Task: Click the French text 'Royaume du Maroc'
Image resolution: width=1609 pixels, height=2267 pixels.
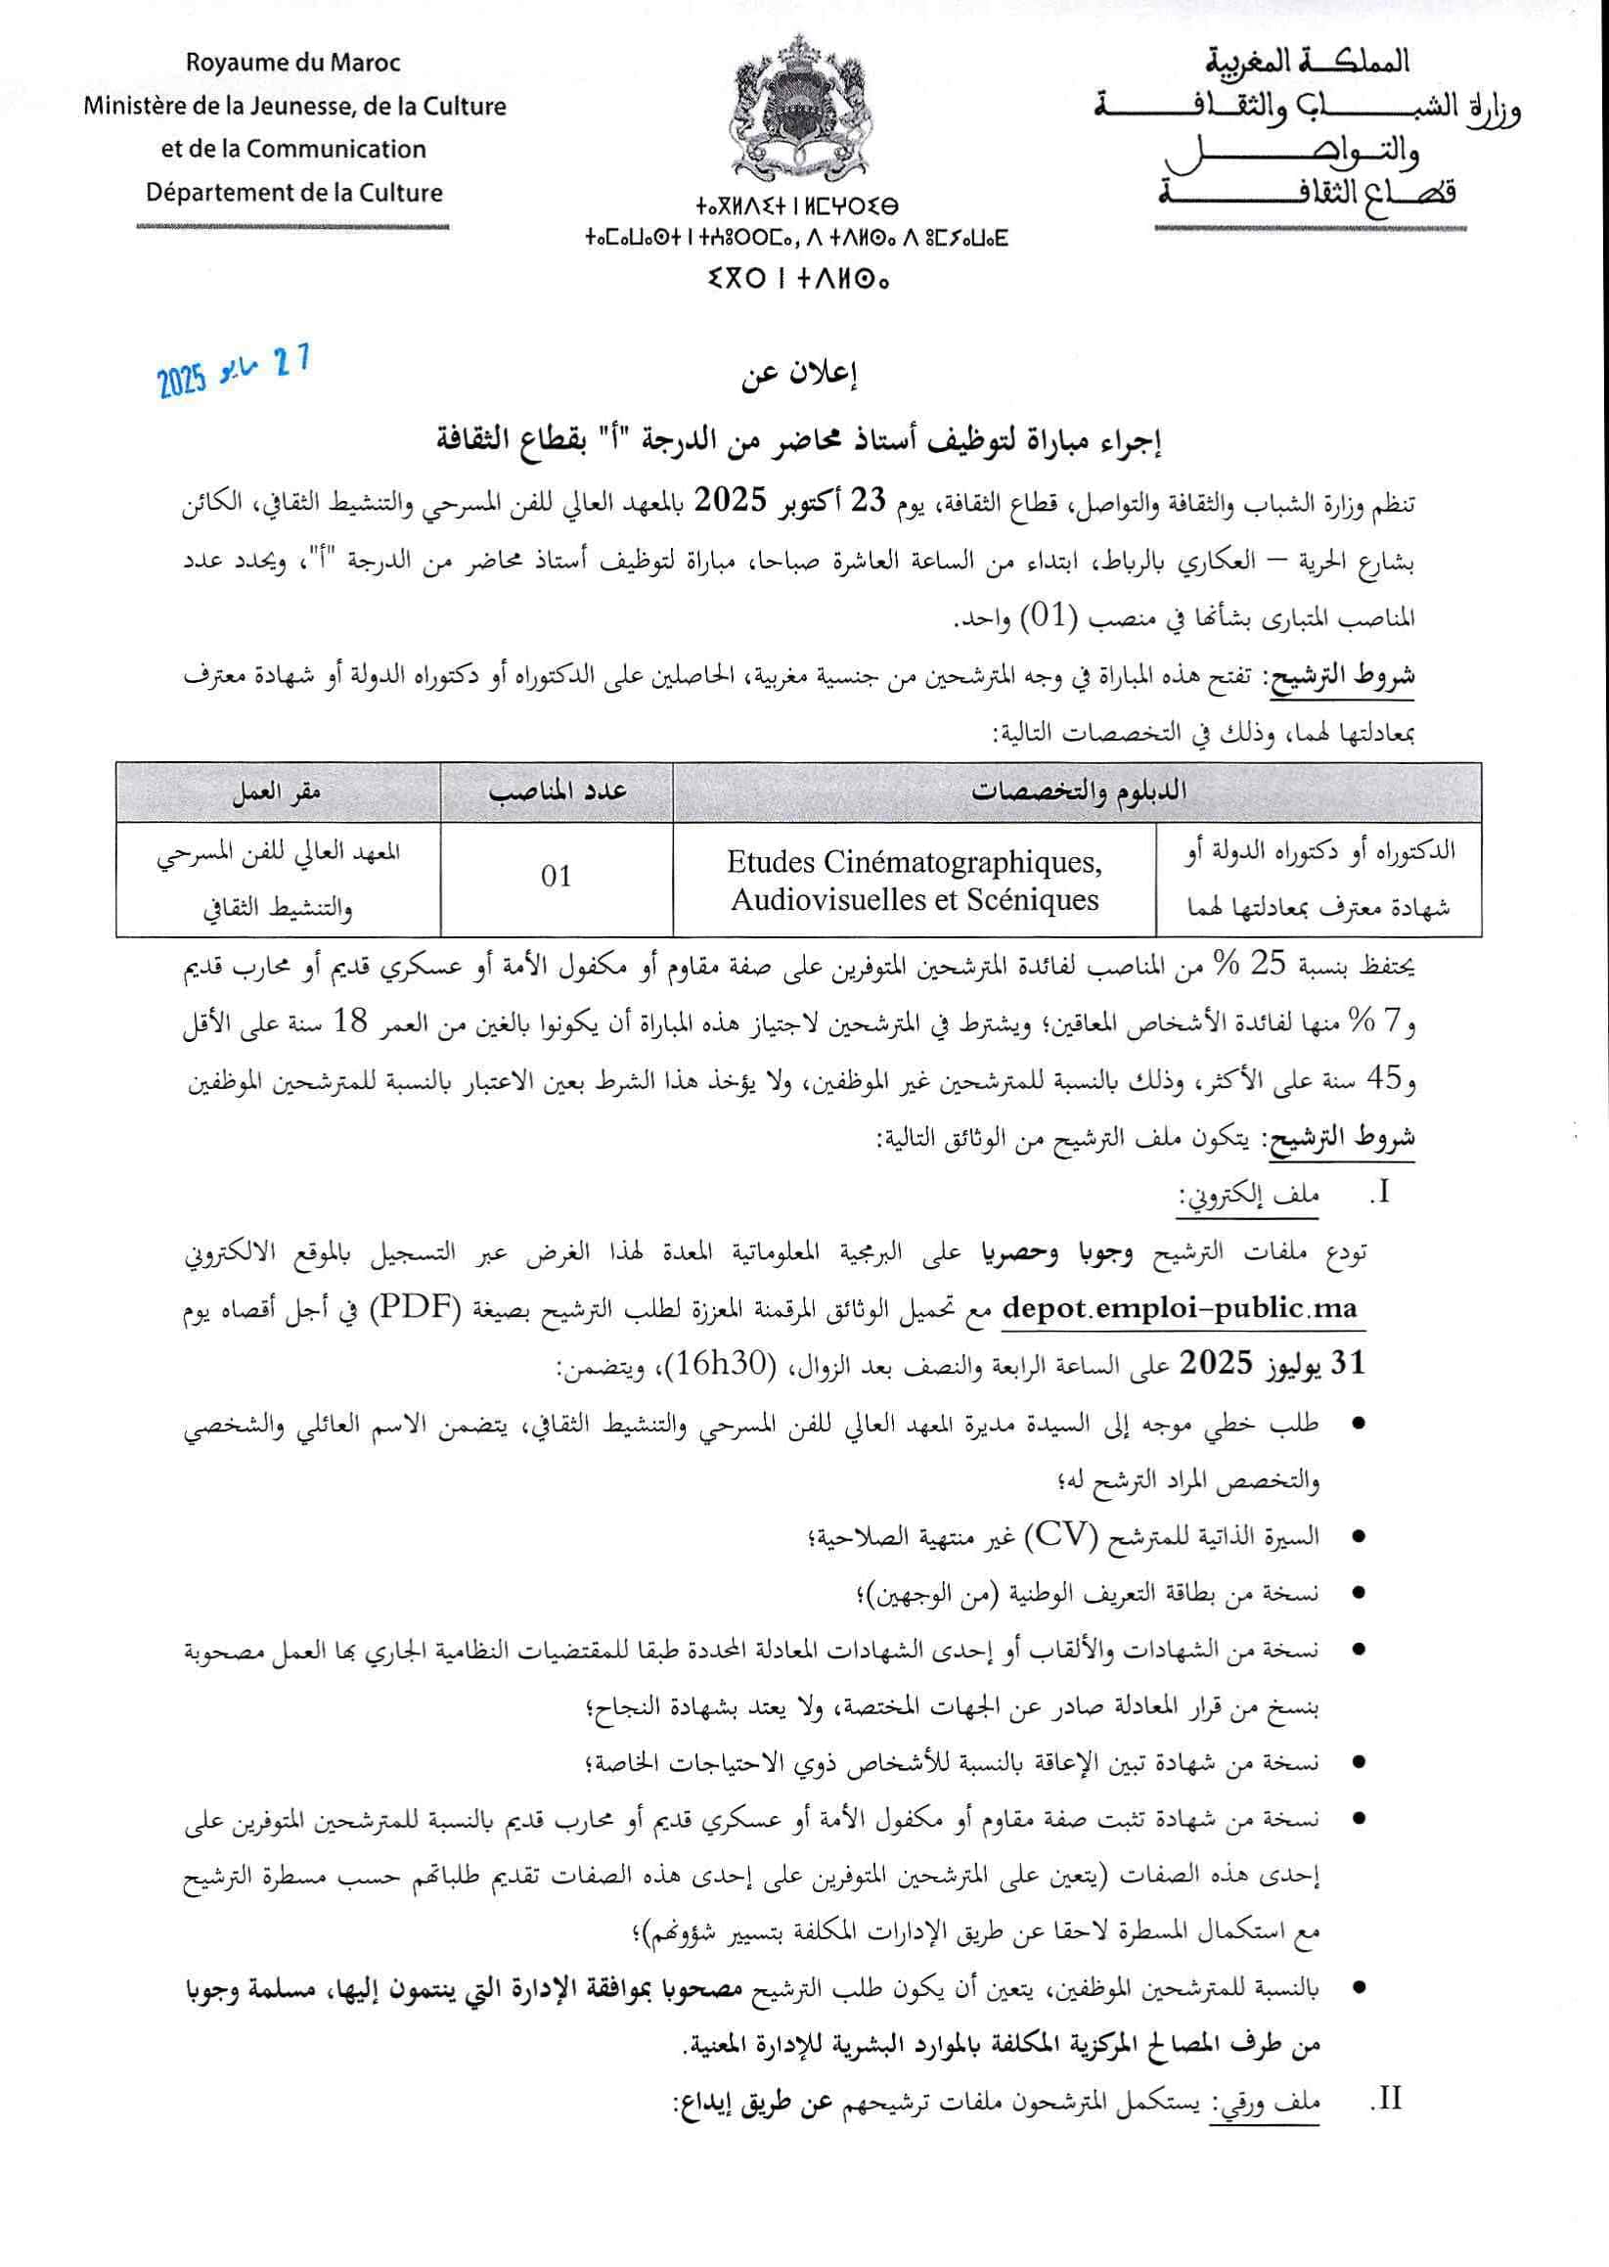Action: (x=293, y=64)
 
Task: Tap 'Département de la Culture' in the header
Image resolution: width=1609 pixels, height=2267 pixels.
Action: (x=294, y=192)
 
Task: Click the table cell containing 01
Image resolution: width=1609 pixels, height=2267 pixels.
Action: (x=556, y=877)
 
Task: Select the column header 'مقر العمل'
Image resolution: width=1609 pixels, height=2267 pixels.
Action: (x=278, y=792)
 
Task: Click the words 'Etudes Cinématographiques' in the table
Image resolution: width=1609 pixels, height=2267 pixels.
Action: (x=914, y=861)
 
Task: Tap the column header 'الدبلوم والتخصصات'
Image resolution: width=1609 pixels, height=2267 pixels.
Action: (x=1078, y=792)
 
